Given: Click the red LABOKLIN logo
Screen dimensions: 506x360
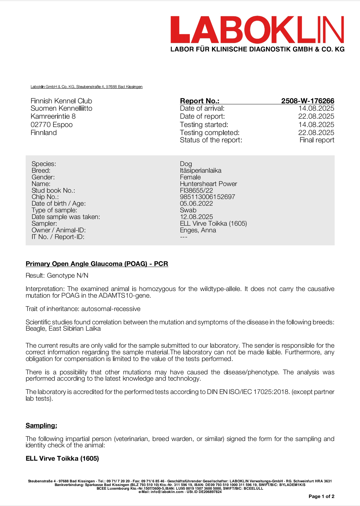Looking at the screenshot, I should pos(257,30).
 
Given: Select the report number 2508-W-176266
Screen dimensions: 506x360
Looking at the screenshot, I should pos(307,101).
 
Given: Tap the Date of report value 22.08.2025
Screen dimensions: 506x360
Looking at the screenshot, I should pos(316,116).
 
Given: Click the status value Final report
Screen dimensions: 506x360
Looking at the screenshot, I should pos(317,140).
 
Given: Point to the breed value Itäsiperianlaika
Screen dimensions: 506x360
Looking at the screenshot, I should pos(200,170).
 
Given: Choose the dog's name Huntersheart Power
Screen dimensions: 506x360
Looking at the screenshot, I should pos(208,184).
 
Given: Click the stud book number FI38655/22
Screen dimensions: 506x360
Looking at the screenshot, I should pos(196,190).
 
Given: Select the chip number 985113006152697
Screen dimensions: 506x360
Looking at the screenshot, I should pos(207,197).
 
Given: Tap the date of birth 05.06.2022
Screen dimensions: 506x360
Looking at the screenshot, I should pos(196,203).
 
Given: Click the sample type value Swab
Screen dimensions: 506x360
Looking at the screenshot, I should pos(188,210).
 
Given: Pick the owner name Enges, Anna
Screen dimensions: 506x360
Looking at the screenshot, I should pos(198,230).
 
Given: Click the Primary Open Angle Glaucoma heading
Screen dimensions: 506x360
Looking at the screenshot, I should pos(97,264).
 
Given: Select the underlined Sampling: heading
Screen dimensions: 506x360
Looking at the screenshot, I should pos(41,425).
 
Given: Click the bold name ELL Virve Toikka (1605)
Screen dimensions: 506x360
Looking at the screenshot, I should pos(62,458).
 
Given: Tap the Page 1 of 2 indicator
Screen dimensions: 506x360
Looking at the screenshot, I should pos(321,496).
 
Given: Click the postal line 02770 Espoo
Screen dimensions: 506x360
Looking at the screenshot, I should pos(52,125).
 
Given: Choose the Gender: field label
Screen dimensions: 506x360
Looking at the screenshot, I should pos(43,177).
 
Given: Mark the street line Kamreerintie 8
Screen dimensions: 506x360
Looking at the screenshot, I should pos(53,116).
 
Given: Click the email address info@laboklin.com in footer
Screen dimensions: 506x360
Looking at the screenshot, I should pos(166,492).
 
